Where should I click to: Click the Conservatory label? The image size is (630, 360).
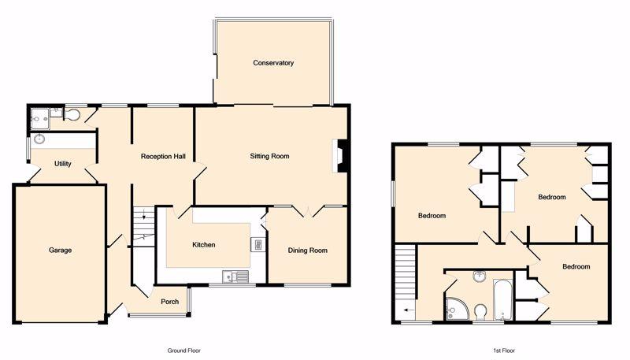(x=273, y=63)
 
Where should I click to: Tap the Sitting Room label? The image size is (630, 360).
(x=269, y=156)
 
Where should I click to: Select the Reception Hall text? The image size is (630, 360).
(x=163, y=156)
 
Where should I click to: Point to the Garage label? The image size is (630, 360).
(x=61, y=250)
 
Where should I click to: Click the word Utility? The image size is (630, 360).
(x=63, y=164)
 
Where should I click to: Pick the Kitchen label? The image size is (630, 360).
(x=204, y=245)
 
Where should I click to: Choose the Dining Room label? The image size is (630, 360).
(x=308, y=251)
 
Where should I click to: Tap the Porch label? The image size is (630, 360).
(x=170, y=302)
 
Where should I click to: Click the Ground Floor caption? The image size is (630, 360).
(x=184, y=351)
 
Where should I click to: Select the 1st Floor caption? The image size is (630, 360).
(x=505, y=351)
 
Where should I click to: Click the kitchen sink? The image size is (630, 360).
(x=235, y=276)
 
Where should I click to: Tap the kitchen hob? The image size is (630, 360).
(x=258, y=244)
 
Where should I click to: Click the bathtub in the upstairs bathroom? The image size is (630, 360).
(x=503, y=299)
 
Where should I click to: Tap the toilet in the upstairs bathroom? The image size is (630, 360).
(x=481, y=312)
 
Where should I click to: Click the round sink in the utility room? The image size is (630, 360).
(x=39, y=139)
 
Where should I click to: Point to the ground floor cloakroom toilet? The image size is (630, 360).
(x=72, y=114)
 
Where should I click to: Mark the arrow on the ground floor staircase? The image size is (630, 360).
(x=144, y=216)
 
